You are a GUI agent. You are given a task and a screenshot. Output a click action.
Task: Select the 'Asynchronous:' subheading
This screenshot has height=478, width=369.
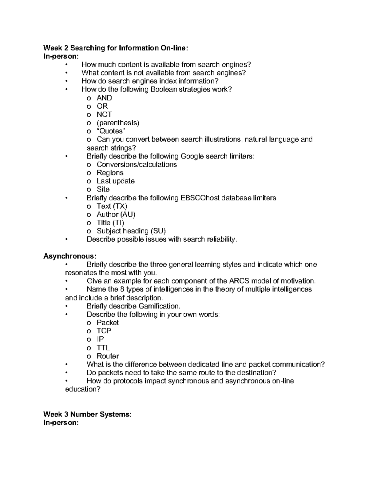tap(70, 256)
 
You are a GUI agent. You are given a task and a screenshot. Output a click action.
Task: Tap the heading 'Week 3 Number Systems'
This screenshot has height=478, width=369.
tap(87, 414)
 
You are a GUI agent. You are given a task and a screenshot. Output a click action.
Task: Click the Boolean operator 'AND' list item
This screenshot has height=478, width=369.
tap(104, 98)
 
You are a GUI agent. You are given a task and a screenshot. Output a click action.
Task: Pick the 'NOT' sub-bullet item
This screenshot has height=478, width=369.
tap(104, 114)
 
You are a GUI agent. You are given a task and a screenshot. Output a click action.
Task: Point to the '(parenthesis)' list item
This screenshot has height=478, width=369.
tap(118, 123)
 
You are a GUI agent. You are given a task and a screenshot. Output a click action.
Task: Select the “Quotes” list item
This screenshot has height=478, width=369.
tap(111, 131)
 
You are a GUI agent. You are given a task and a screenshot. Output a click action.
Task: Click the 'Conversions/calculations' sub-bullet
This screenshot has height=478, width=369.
tap(137, 164)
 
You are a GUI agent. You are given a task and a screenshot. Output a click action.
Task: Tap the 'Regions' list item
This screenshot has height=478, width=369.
tap(110, 173)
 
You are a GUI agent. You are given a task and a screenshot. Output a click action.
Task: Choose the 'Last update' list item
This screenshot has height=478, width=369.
tap(116, 181)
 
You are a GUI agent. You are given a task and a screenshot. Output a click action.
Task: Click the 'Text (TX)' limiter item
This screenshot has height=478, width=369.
tap(112, 206)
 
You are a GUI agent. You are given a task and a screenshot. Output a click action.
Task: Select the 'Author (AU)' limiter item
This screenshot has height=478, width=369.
tap(116, 215)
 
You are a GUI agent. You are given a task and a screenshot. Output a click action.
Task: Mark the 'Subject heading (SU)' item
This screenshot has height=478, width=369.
tap(131, 231)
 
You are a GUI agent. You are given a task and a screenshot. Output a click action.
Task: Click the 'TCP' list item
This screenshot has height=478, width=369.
tap(104, 331)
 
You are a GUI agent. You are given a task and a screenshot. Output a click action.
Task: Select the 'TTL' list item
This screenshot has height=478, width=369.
tap(103, 348)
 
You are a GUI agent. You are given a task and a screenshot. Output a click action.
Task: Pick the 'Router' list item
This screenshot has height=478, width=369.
tap(108, 356)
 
